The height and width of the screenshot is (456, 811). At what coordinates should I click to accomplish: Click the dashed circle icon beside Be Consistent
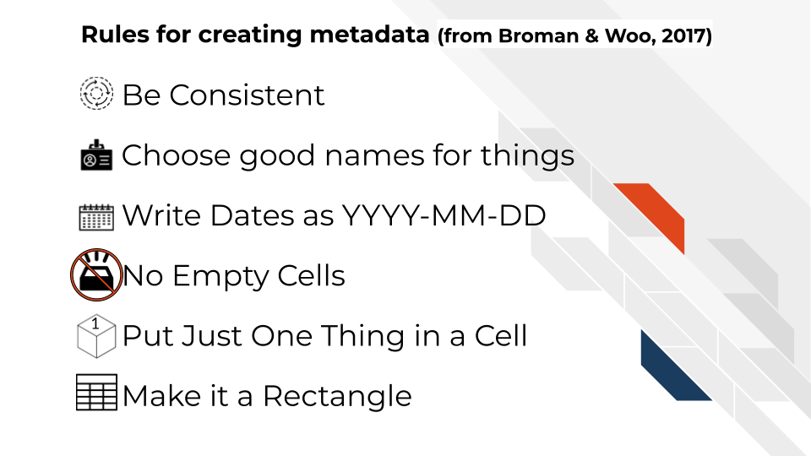[x=95, y=93]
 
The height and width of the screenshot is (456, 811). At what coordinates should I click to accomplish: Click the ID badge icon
[x=95, y=155]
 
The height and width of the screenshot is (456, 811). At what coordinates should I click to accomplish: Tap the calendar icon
[x=95, y=217]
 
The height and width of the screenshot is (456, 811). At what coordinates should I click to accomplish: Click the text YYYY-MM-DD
[x=444, y=216]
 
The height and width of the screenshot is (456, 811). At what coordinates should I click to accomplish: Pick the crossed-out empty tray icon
[x=95, y=275]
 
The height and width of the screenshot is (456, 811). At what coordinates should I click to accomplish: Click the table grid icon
[x=96, y=393]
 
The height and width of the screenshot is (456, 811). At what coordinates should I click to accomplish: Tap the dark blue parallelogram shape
[x=673, y=367]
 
